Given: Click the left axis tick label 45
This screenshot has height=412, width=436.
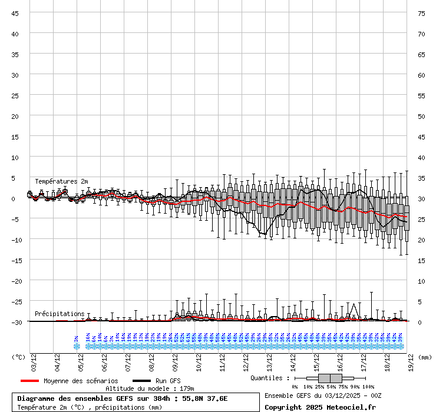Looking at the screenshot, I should tap(15, 13).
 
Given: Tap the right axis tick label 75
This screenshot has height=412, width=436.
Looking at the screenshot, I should tap(421, 13).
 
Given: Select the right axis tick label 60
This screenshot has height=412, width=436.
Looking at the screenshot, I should tap(421, 75).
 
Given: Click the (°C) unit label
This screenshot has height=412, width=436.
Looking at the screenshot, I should tap(18, 357).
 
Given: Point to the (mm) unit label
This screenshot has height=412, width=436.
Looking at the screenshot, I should tap(425, 357).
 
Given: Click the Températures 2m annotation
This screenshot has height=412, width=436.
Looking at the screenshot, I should tap(61, 181).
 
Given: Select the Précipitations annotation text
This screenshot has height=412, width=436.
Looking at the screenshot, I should tap(60, 314).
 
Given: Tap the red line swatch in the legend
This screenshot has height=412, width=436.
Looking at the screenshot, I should tap(29, 381).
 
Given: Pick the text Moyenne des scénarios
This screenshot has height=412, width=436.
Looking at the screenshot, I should tap(81, 381).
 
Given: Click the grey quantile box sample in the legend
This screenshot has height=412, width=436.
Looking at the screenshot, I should tap(330, 378).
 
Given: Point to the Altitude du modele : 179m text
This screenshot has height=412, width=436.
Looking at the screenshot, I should tap(150, 388).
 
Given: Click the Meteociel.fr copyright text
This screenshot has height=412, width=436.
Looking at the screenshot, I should tap(320, 407).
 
